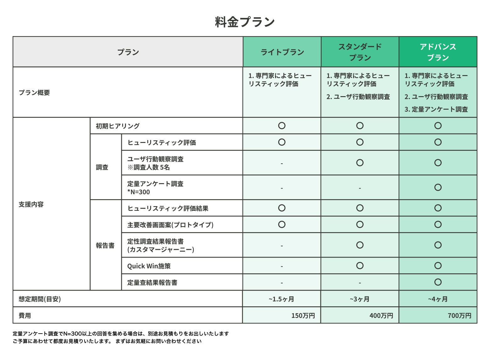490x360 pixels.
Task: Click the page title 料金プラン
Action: (x=245, y=22)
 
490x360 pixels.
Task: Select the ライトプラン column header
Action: (x=282, y=52)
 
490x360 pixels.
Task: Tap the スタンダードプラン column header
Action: (x=360, y=52)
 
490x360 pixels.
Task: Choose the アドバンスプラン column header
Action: (x=438, y=52)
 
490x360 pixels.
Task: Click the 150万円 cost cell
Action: (x=303, y=315)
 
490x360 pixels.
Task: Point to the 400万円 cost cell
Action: (x=381, y=315)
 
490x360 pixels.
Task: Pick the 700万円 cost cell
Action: (x=459, y=315)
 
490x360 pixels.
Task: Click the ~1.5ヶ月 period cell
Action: (x=281, y=299)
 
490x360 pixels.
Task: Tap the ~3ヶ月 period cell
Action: (x=360, y=299)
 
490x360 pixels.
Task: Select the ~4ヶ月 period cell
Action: (x=438, y=299)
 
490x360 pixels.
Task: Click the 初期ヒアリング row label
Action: (x=118, y=126)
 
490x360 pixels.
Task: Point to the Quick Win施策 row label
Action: (x=149, y=266)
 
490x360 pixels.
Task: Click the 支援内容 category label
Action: (x=31, y=205)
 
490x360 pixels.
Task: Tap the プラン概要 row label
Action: (x=34, y=93)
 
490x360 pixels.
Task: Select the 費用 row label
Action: (x=25, y=315)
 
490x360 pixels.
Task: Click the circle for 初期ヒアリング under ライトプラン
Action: (x=282, y=126)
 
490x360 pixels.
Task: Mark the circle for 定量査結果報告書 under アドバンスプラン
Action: (x=438, y=282)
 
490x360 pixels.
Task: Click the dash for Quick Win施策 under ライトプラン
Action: (x=282, y=266)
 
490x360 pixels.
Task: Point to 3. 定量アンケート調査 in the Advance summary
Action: (x=436, y=109)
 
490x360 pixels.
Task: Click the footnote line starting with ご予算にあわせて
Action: (x=107, y=341)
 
